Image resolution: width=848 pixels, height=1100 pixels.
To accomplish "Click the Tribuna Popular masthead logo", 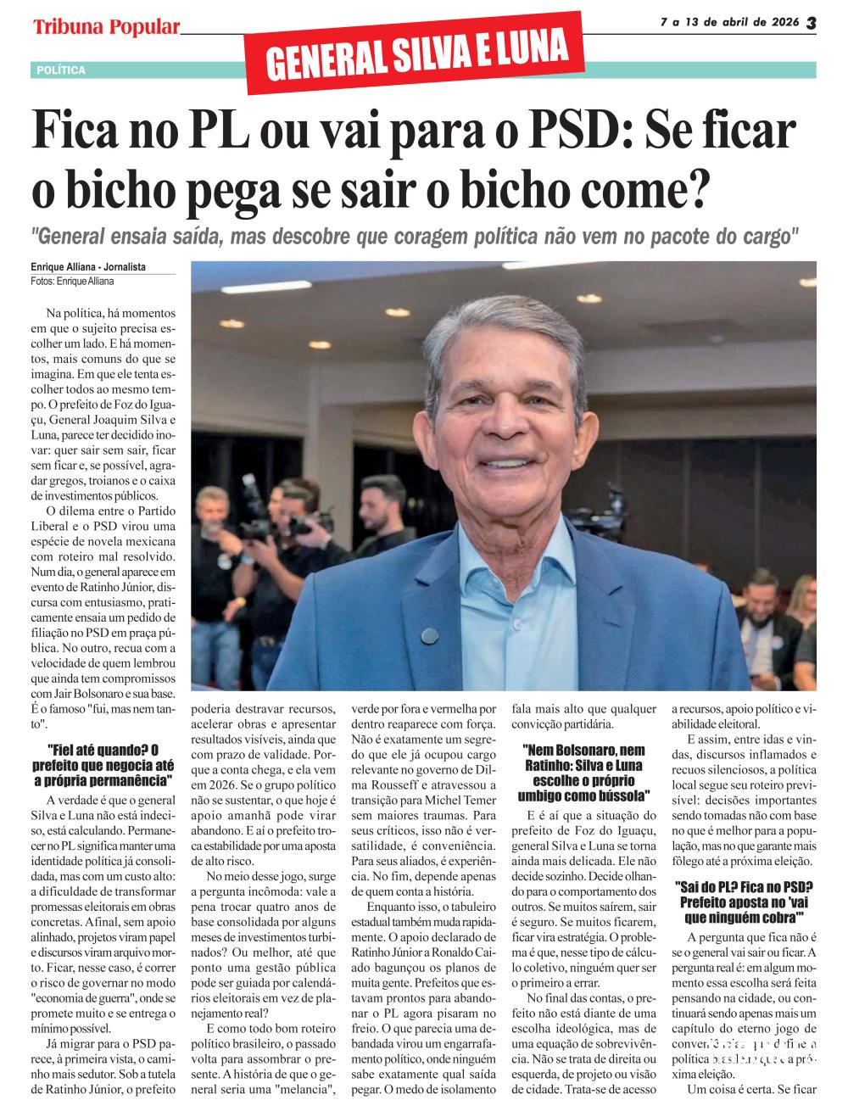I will tap(107, 27).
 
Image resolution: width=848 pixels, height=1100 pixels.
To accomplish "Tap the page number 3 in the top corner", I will tap(810, 24).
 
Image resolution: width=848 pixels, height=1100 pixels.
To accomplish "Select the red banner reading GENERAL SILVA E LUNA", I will tap(416, 53).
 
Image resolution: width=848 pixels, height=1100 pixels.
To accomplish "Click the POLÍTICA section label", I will tap(61, 70).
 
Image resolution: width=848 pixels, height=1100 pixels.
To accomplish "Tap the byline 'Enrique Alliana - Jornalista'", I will tap(88, 267).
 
